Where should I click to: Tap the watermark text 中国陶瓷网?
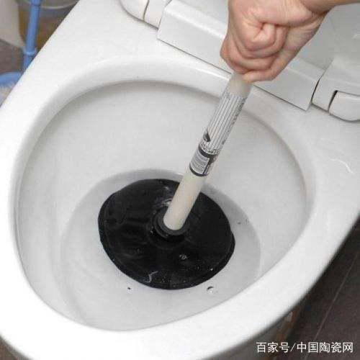328,348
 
